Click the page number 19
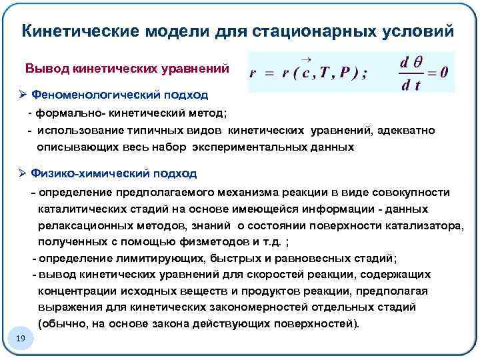pos(20,339)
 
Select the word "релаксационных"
pos(84,225)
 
